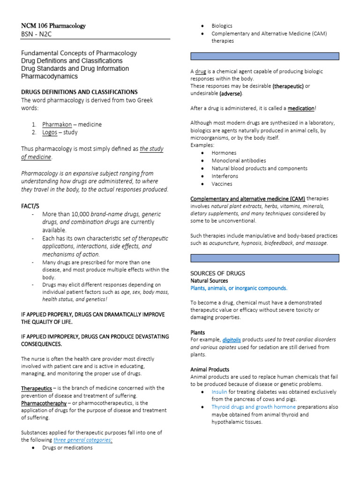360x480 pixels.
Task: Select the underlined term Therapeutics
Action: [37, 388]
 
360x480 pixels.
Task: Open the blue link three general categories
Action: [82, 440]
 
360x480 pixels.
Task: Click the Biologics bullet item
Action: [222, 26]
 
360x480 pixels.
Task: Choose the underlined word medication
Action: [301, 108]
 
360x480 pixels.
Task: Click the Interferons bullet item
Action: [225, 176]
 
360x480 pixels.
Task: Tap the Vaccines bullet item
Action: [222, 184]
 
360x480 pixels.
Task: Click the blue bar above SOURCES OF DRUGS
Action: [264, 258]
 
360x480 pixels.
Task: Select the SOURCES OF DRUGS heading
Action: [217, 273]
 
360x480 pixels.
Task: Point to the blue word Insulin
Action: [219, 392]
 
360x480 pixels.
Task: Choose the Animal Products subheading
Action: [210, 369]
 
